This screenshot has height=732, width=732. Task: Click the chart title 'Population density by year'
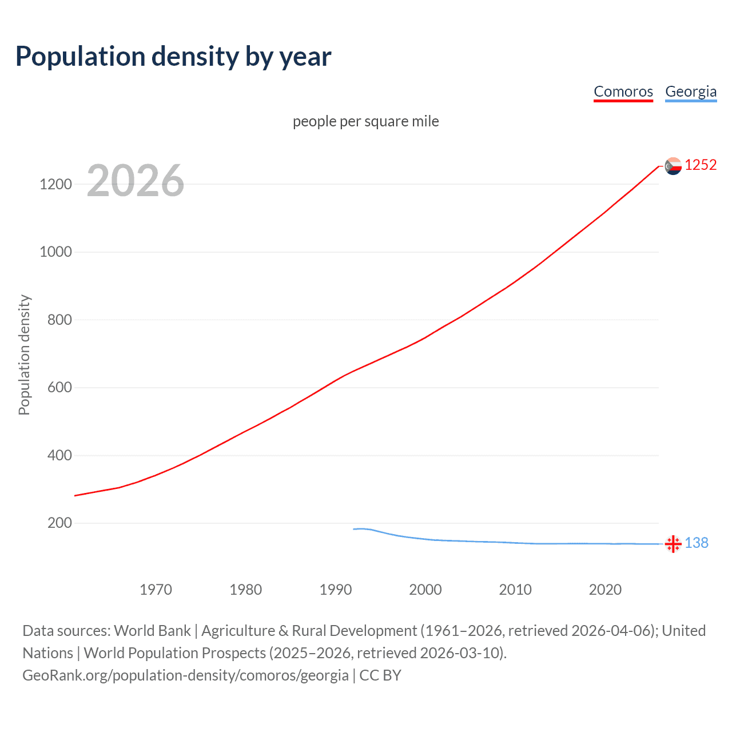173,57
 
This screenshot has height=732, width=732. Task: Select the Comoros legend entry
623,91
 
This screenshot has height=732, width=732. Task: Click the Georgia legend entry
690,91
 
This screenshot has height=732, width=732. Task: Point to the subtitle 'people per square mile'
365,121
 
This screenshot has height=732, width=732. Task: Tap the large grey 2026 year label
136,181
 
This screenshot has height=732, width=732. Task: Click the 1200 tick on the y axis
55,184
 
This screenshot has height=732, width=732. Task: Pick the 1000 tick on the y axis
55,252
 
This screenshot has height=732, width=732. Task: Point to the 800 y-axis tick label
59,320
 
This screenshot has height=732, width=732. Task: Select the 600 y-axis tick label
59,388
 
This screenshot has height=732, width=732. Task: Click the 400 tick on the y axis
59,455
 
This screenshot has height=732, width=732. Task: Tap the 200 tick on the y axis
59,523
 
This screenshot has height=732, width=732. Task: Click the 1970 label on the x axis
156,590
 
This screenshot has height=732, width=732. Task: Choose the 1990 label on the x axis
336,590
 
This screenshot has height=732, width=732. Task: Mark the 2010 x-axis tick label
515,590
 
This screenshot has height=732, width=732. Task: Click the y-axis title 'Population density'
24,355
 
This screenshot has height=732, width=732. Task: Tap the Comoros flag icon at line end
673,166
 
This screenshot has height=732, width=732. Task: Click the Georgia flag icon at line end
673,544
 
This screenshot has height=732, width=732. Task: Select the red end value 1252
701,165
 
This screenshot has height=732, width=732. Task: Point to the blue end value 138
697,543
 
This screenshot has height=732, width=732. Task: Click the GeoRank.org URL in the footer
185,675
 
